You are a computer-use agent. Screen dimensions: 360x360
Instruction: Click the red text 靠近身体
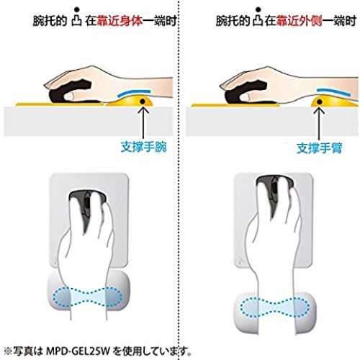tap(120, 21)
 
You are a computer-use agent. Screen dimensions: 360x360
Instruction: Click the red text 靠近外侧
tap(299, 21)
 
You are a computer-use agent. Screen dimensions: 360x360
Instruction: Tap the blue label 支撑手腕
tap(143, 147)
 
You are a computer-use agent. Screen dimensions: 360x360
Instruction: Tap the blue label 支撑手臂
tap(320, 148)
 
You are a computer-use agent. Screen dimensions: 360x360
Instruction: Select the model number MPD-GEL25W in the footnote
tap(78, 351)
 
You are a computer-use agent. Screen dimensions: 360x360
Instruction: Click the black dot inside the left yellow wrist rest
tap(143, 102)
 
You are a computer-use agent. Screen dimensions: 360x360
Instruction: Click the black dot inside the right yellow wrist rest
tap(319, 102)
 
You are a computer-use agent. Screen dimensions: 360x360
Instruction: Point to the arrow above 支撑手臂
tap(319, 123)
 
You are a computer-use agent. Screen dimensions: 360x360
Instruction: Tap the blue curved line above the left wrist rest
tap(134, 92)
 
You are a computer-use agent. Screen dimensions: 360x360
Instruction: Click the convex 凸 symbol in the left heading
tap(77, 21)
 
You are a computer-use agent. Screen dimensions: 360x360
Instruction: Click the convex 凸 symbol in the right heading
tap(258, 21)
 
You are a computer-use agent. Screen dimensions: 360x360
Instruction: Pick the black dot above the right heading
tap(258, 9)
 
